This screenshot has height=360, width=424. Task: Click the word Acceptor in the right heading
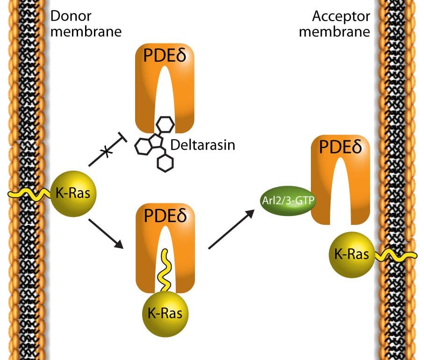tap(341, 17)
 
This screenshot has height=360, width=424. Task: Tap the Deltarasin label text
tap(202, 144)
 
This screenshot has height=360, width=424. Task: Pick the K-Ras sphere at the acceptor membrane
tap(352, 255)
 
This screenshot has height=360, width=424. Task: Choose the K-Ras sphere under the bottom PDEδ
tap(165, 312)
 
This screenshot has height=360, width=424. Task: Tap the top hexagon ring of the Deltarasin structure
tap(166, 124)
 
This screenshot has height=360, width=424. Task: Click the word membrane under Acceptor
tap(335, 32)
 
